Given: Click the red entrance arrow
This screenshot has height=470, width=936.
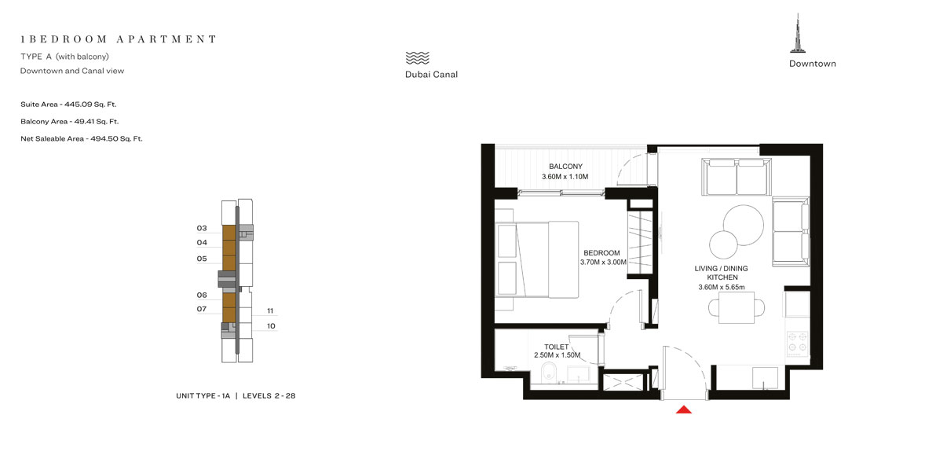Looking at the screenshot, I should pos(684,408).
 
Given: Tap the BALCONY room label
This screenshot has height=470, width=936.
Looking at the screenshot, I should pos(565,166).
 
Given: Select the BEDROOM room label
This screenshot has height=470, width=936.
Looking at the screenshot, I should pos(601,253).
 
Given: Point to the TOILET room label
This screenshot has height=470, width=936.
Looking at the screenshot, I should pos(557,346).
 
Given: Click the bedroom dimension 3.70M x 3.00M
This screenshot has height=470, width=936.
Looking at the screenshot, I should pos(603,263).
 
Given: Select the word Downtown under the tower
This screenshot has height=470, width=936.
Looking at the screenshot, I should pos(812,64).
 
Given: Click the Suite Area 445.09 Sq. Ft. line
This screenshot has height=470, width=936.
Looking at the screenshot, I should pos(68,104).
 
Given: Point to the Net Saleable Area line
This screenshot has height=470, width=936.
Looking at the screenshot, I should pos(81,138).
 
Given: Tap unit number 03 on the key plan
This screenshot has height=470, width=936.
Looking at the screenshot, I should pos(202,228).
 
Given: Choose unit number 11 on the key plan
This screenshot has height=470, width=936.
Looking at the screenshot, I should pos(270,310).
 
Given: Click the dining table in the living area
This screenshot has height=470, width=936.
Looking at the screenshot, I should pos(736,307).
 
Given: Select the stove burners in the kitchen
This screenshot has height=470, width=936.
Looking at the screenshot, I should pos(798,342).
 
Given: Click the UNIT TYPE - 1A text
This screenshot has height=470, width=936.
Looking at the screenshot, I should pos(203,395).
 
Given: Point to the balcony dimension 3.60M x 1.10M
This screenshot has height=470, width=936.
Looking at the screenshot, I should pos(565,177).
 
